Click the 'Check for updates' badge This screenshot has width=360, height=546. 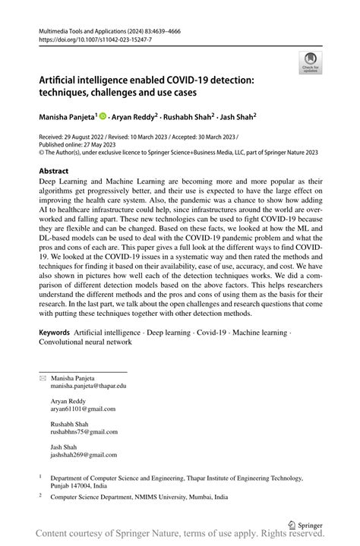pyautogui.click(x=310, y=62)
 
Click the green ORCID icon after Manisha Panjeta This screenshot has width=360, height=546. pyautogui.click(x=103, y=117)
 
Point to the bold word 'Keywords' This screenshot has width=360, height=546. pyautogui.click(x=55, y=333)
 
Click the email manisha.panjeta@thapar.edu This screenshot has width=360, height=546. pyautogui.click(x=88, y=387)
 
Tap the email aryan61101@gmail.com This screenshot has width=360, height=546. pyautogui.click(x=83, y=409)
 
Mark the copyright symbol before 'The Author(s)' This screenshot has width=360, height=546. pyautogui.click(x=41, y=153)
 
